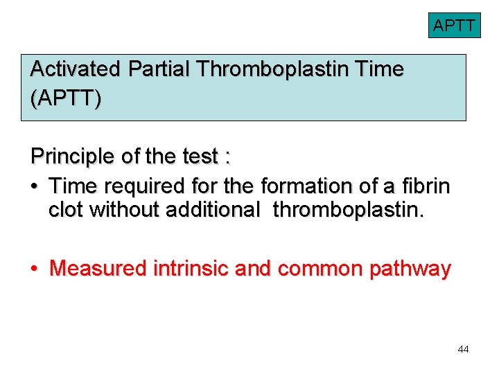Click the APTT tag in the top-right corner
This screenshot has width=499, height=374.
click(x=454, y=26)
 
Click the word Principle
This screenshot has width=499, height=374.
click(x=73, y=157)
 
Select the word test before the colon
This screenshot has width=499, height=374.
click(x=201, y=157)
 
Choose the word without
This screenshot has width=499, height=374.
click(x=124, y=210)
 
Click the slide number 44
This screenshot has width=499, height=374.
click(x=463, y=350)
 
